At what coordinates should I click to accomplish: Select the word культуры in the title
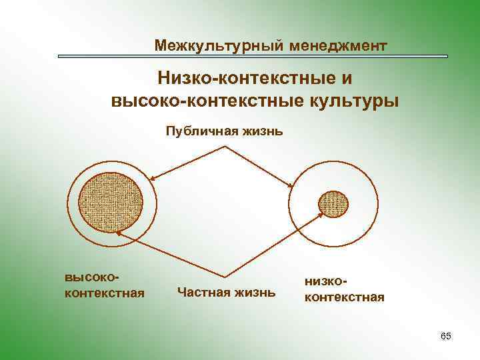tap(355, 101)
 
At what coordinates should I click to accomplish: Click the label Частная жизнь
tap(226, 291)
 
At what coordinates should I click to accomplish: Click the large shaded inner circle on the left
tap(111, 200)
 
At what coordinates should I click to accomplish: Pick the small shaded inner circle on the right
tap(333, 203)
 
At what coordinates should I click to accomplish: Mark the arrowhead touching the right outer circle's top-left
tap(291, 186)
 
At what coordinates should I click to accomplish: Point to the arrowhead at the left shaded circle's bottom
tap(117, 233)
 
